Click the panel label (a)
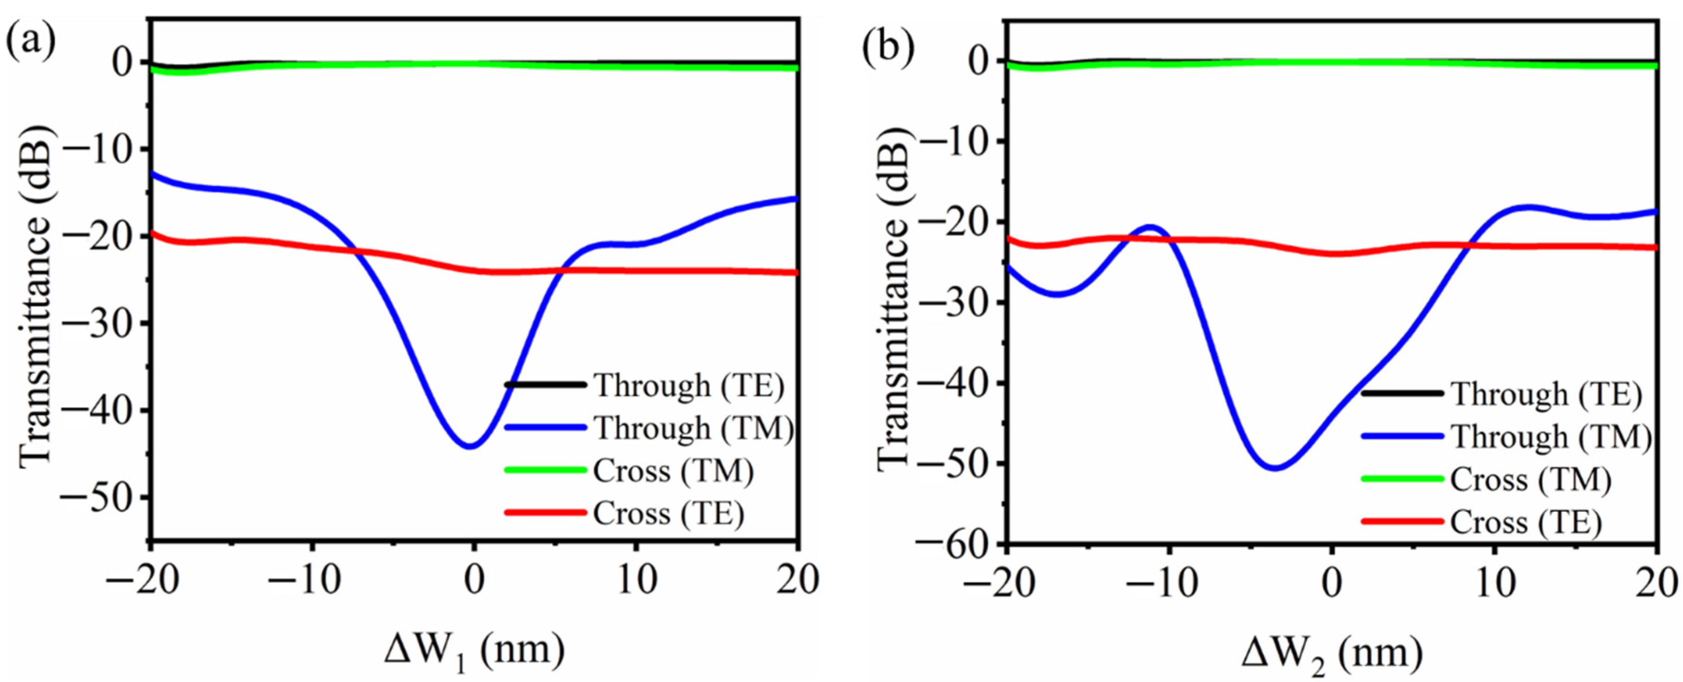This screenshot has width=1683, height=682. [31, 41]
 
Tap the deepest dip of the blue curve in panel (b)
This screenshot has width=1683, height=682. [1275, 468]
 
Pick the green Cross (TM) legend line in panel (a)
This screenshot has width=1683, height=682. [545, 470]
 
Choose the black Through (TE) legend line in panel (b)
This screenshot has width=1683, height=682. [1402, 393]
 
